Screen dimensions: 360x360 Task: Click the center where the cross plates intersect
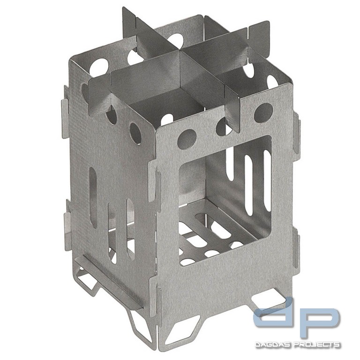click(180, 51)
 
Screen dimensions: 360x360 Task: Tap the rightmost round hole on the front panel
click(263, 112)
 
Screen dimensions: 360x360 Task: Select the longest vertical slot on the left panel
click(93, 197)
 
